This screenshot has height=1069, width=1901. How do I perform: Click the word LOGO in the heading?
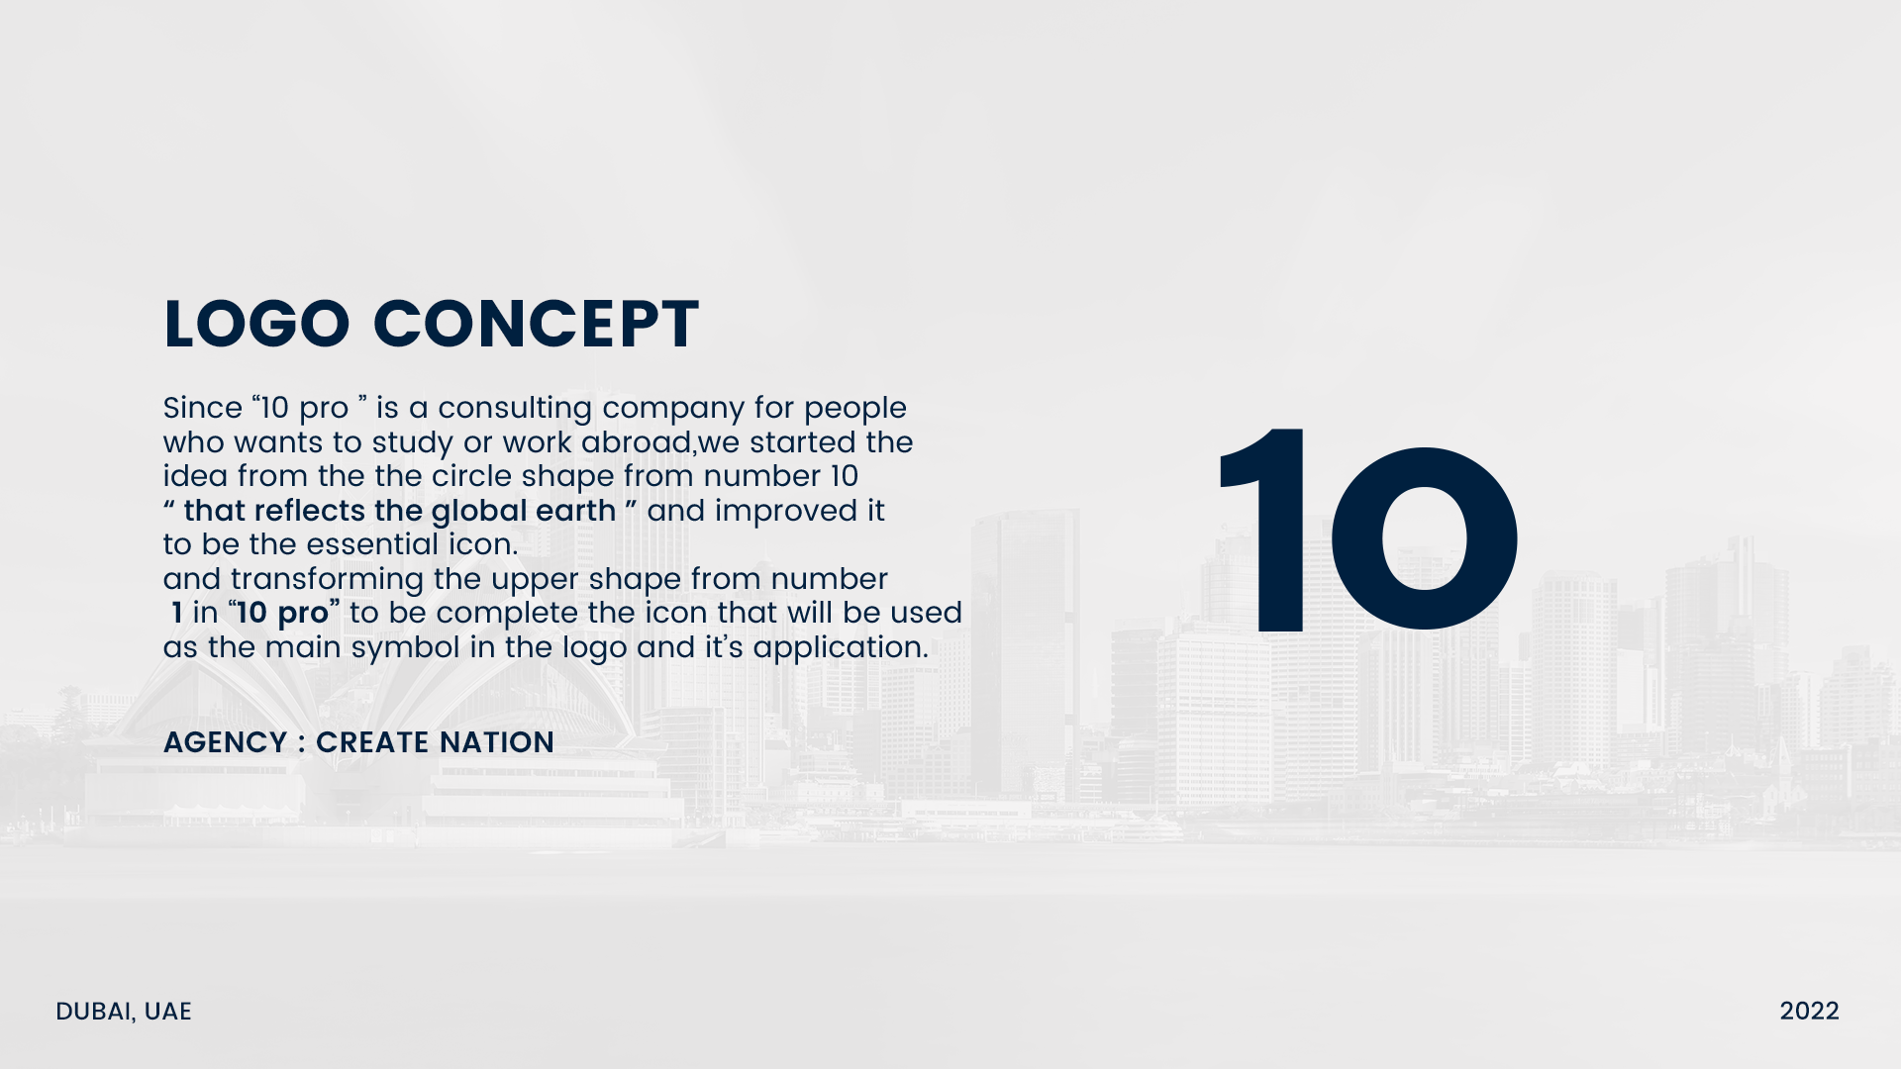tap(256, 324)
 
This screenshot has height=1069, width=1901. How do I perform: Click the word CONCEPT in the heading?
tap(536, 324)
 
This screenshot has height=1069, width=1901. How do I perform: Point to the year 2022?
tap(1809, 1011)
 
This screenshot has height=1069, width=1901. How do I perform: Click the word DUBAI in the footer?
tap(95, 1012)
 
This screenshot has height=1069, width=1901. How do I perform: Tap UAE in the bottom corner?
tap(167, 1011)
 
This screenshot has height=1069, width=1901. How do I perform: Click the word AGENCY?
tap(225, 742)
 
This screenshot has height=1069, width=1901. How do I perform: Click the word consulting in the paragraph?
tap(515, 409)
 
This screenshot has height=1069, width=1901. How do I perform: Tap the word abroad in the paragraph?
tap(636, 442)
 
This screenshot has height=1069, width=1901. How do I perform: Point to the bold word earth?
tap(575, 511)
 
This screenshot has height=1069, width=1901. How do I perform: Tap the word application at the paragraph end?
tap(841, 648)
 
